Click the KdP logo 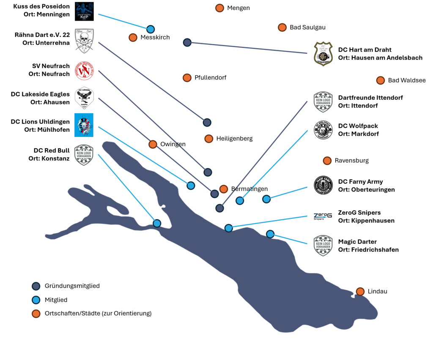(x=84, y=11)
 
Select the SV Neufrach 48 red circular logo (x=84, y=70)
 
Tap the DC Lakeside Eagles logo (x=84, y=98)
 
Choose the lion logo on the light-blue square (x=84, y=125)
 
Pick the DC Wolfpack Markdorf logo (x=323, y=130)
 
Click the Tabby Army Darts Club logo (x=323, y=185)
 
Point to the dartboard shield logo (x=323, y=54)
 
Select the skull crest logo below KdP (x=84, y=41)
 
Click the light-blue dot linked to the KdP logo (x=150, y=29)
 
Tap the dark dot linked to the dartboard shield (x=187, y=42)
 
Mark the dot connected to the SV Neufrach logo (x=208, y=172)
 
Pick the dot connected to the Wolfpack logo (x=240, y=201)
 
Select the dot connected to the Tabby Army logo (x=266, y=199)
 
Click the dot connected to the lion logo (x=191, y=185)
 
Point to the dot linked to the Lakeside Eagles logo (x=214, y=194)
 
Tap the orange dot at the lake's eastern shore (x=360, y=292)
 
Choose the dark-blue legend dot (x=36, y=286)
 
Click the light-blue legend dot (x=36, y=300)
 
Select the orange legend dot (x=36, y=314)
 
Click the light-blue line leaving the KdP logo (x=123, y=21)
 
